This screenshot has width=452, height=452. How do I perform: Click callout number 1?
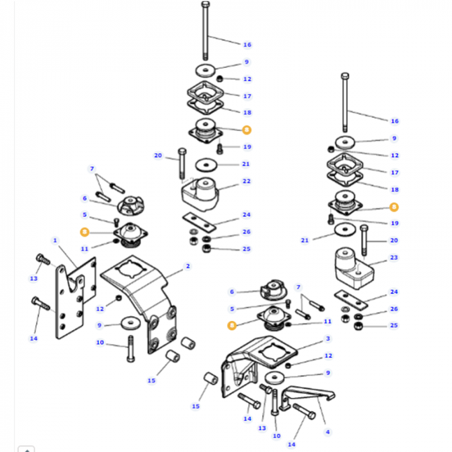(x=54, y=240)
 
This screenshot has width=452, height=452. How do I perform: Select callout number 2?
(x=188, y=267)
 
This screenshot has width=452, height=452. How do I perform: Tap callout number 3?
(x=328, y=339)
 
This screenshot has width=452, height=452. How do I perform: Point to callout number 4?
(x=328, y=432)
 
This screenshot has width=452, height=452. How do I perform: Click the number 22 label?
(x=246, y=182)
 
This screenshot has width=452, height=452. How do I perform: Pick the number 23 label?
(x=394, y=259)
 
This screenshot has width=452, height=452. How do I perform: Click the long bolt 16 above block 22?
(x=204, y=32)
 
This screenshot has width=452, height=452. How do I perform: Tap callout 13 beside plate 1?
(x=33, y=279)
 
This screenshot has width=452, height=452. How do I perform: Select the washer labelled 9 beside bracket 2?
(x=130, y=324)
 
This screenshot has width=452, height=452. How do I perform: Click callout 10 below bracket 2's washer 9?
(x=100, y=343)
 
